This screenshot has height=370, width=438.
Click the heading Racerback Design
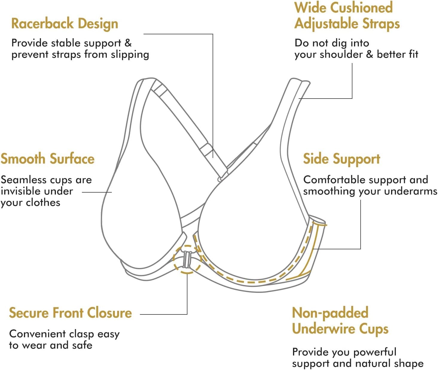65,24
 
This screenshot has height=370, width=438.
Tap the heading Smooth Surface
48,159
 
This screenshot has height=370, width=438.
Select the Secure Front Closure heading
70,313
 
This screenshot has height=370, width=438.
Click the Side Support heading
341,159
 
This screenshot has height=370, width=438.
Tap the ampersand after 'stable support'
128,43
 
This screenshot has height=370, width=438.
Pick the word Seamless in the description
21,180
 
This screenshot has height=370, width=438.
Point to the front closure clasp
187,259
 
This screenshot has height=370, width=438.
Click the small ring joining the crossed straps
220,179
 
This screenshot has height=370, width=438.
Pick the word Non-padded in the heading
330,313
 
